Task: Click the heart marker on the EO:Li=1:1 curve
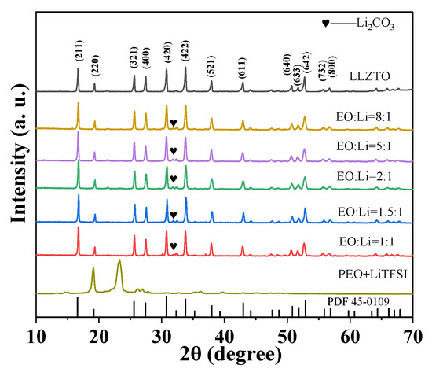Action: [x=173, y=246]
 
